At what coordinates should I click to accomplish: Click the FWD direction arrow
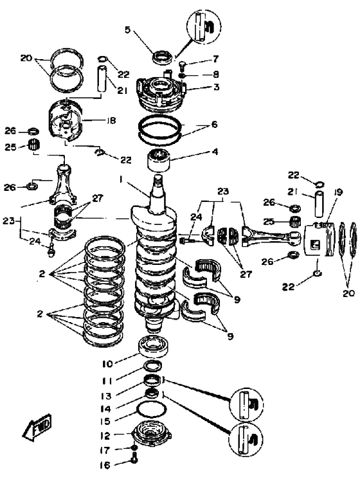pos(37,426)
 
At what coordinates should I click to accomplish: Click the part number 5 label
pos(128,30)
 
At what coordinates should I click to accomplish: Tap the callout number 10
pos(108,364)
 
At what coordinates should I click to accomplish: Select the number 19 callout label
pos(338,192)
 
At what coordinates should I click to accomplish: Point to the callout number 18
pos(111,121)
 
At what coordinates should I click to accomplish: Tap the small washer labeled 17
pos(134,448)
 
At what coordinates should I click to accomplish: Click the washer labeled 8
pos(181,75)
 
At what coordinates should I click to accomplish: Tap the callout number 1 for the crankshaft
pos(122,180)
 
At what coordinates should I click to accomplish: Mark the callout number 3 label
pos(216,87)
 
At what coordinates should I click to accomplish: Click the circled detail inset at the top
pos(204,25)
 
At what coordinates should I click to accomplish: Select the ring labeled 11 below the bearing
pos(152,365)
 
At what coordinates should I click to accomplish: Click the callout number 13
pos(107,396)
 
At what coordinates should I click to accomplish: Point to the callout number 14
pos(105,409)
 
